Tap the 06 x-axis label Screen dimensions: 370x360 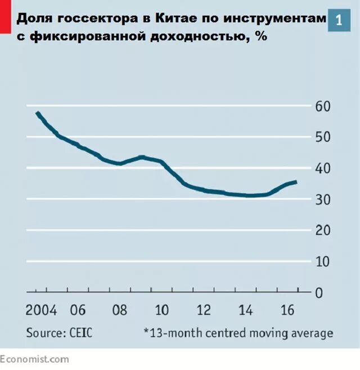click(x=77, y=310)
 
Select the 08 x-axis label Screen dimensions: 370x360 click(x=119, y=310)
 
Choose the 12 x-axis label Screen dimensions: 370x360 click(x=203, y=310)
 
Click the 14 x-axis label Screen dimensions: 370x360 click(x=245, y=310)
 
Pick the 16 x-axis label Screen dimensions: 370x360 click(x=287, y=310)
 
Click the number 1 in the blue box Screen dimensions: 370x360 click(x=339, y=20)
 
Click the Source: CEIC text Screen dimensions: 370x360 click(x=59, y=333)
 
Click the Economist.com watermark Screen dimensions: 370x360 click(x=35, y=359)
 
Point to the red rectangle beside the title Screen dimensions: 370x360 click(x=5, y=16)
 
